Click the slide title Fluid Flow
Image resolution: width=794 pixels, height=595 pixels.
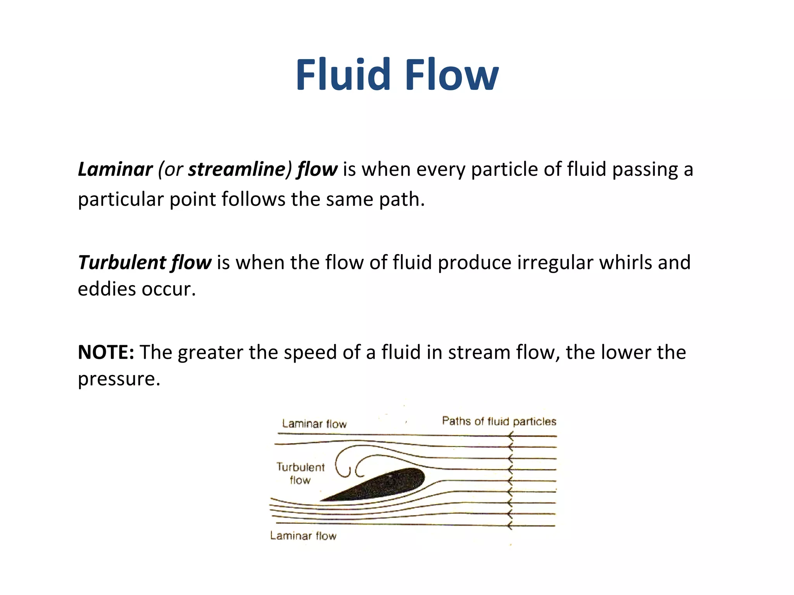[397, 75]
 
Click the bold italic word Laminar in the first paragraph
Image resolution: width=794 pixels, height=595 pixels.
[115, 170]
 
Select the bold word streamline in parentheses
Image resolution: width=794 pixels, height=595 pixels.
[236, 170]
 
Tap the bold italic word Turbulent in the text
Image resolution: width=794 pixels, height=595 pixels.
[122, 263]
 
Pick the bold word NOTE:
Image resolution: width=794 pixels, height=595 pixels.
[106, 353]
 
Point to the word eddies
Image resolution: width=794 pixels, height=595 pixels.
[107, 289]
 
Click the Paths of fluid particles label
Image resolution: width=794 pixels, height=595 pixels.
[499, 421]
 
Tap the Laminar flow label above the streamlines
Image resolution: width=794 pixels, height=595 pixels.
[314, 424]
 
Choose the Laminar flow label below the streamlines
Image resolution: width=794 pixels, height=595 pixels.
[303, 536]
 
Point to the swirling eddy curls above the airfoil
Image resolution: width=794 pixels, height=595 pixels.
[351, 463]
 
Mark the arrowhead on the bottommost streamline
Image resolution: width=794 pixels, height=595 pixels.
[511, 526]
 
